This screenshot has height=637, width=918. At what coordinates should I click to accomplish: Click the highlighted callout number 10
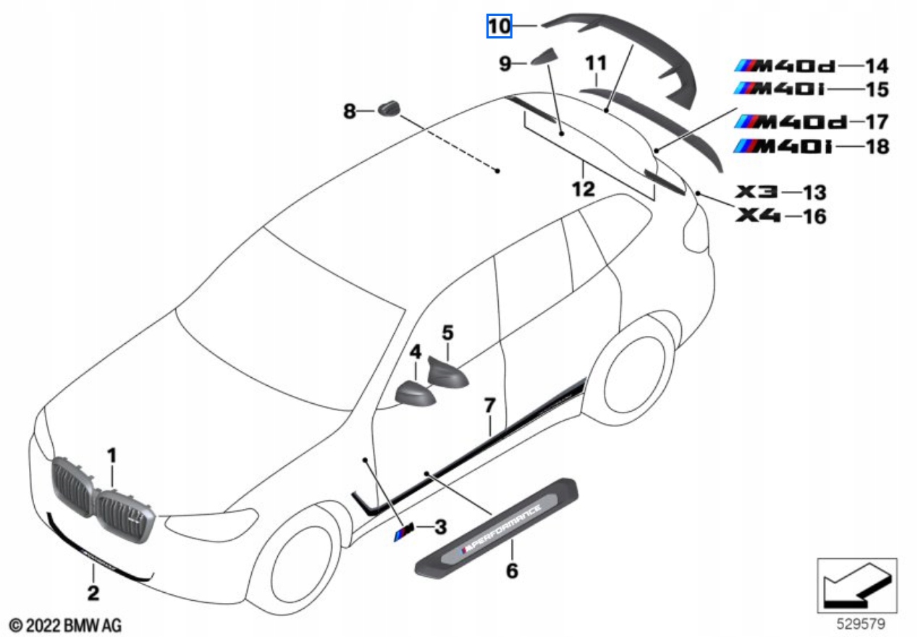[x=499, y=27]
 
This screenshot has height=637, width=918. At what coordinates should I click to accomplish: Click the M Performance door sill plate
[x=496, y=526]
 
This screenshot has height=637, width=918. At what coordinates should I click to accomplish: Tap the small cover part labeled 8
[x=389, y=109]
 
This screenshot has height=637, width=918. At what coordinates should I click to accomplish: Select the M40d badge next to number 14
[x=785, y=67]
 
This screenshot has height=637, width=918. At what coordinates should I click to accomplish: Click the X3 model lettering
[x=757, y=192]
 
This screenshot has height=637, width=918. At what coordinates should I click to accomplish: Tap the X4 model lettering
[x=758, y=215]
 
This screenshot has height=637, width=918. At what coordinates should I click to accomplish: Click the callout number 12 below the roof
[x=583, y=190]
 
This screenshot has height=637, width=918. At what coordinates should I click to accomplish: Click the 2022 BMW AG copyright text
[x=65, y=624]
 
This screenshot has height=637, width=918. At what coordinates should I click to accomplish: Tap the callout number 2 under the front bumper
[x=93, y=594]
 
